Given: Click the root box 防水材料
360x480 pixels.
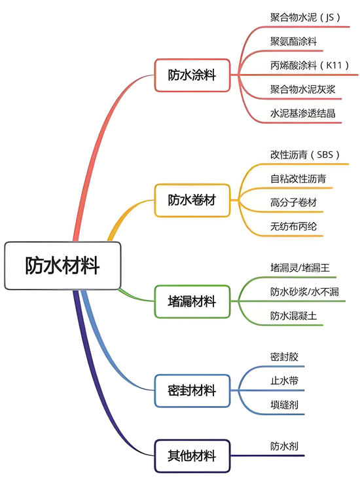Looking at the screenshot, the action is tap(63, 265).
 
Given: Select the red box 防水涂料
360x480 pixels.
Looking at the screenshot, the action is tap(192, 75).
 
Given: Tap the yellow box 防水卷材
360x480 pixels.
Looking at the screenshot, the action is tap(192, 200).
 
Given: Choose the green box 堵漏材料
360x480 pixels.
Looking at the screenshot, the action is tap(192, 301).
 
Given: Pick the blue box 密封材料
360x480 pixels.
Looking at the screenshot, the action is tap(192, 390).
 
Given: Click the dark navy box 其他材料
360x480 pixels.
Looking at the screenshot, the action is tap(192, 456).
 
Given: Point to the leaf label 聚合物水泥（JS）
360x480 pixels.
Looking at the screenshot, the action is tap(305, 17).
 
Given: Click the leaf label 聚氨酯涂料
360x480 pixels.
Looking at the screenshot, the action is tap(293, 41).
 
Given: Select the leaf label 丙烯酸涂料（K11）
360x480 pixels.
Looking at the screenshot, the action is tap(310, 65).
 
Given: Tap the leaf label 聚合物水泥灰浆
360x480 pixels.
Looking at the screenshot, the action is tap(303, 90).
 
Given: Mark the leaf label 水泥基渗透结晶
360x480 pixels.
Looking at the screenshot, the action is tap(303, 113).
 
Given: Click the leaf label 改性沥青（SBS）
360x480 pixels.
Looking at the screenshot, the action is tap(305, 155).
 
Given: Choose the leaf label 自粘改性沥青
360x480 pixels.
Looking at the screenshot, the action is tap(298, 179).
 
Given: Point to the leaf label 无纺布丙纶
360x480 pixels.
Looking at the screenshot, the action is tap(293, 227).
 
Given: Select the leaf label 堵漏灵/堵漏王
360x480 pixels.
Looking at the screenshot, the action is tap(300, 268).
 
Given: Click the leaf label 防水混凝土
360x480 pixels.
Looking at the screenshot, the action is tap(293, 316).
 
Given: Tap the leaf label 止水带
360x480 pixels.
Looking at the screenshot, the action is tap(284, 381).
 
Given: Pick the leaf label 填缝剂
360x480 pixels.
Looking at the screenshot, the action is tap(284, 405).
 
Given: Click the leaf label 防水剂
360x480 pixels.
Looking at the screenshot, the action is tap(284, 446).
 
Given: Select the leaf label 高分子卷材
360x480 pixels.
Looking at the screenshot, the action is tap(293, 202).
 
